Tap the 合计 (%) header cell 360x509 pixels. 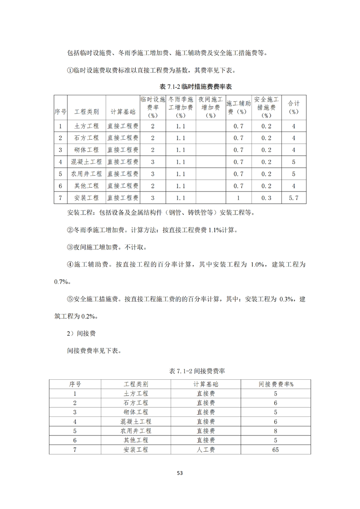[x=294, y=108]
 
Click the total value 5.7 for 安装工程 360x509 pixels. [x=294, y=198]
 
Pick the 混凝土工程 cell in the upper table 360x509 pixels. [x=86, y=162]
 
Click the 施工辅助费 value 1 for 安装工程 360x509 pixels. [x=238, y=198]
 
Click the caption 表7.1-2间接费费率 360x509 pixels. [x=197, y=371]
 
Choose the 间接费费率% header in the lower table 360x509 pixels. [x=276, y=384]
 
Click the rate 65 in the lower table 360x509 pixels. [x=276, y=450]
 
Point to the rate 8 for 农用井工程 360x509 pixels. [x=276, y=431]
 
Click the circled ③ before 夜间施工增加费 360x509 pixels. [x=70, y=247]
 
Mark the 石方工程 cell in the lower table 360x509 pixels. [x=136, y=403]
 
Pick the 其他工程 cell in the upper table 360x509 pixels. [x=86, y=186]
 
